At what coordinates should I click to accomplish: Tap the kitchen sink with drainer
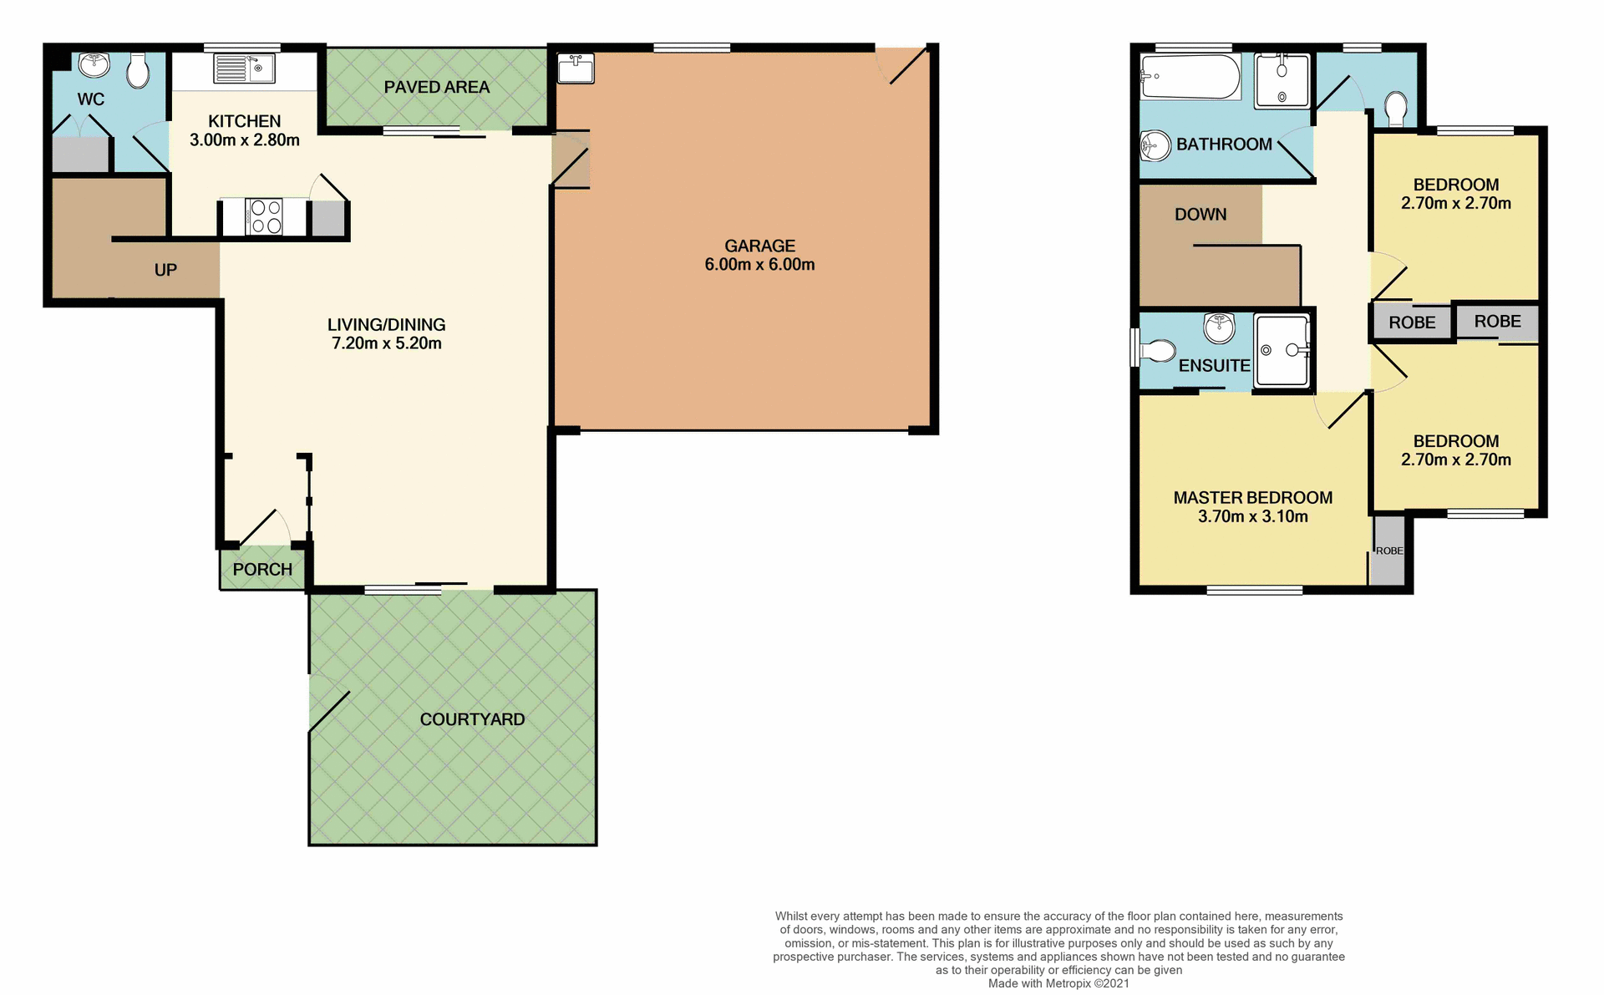coord(243,69)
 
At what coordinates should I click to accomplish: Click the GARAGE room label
coord(759,246)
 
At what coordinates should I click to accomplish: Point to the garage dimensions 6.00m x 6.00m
coord(759,265)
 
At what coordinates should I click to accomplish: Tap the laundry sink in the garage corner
coord(576,69)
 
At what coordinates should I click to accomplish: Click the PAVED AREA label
coord(436,87)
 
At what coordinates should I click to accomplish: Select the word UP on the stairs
coord(165,270)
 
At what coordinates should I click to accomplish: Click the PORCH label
coord(262,570)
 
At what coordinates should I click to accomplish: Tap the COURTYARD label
coord(472,719)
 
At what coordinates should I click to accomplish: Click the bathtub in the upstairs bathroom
coord(1190,77)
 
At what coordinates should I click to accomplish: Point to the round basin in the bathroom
coord(1156,146)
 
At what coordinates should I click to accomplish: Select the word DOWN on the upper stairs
coord(1200,215)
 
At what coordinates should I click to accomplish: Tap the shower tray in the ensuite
coord(1282,350)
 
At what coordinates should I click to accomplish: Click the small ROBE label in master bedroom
coord(1389,551)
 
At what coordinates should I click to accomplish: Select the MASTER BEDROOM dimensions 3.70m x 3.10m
coord(1252,517)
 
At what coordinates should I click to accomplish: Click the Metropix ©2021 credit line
coord(1058,983)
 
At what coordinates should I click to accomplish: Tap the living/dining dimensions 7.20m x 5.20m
coord(386,343)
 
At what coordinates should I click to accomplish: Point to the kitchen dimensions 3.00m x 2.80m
coord(244,140)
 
